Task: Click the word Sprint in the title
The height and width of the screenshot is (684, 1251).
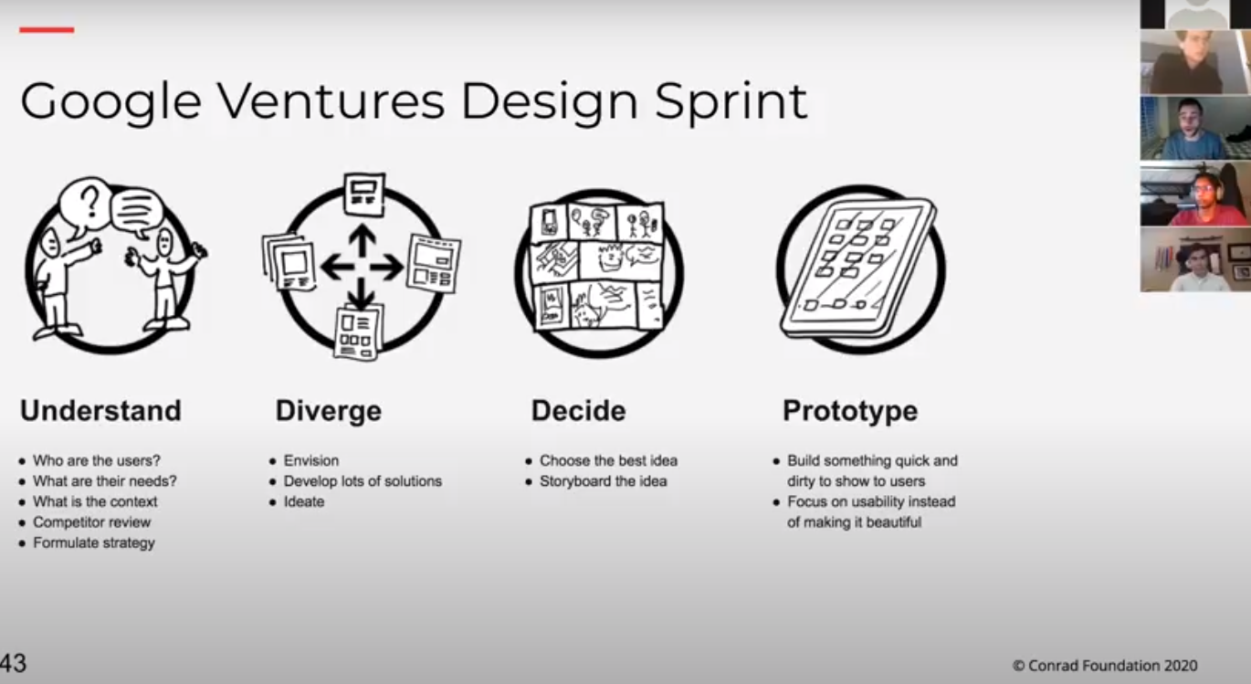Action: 731,103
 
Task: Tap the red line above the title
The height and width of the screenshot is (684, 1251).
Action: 47,29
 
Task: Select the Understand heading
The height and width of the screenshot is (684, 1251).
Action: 101,411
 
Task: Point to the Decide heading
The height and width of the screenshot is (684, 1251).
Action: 579,411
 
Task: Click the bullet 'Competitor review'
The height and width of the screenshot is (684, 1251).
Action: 91,522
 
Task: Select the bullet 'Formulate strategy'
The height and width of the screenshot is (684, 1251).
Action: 94,542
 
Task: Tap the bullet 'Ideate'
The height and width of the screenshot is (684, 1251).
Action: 304,501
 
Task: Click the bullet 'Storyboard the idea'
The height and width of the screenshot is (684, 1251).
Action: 604,481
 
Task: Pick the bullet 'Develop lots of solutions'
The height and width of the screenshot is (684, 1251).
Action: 363,481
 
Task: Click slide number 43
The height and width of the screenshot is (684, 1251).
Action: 13,663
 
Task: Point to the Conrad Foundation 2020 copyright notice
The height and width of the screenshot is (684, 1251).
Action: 1105,666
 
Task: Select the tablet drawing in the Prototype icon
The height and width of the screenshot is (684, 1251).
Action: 857,268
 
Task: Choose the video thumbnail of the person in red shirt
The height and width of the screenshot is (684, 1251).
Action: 1195,194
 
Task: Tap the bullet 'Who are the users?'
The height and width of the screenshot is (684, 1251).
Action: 96,460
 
